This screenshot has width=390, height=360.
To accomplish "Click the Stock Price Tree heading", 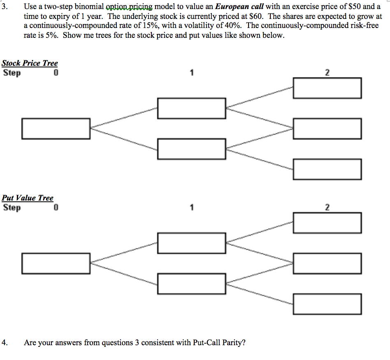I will (30, 63).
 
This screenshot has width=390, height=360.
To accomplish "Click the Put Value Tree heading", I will (28, 198).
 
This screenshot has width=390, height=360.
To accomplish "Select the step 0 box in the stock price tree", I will (56, 128).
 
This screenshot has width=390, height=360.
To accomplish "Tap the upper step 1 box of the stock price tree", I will (192, 108).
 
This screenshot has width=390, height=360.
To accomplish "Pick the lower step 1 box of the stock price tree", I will (192, 149).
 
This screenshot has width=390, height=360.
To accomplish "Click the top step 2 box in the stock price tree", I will (327, 88).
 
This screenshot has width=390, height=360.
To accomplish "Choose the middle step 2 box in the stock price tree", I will (327, 128).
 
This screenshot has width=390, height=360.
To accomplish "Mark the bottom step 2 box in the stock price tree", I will (327, 169).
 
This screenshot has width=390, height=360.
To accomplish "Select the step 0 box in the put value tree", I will (56, 263).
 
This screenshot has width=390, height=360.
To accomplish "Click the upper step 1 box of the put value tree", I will (192, 243).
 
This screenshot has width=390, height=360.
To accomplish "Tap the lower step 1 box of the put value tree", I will (192, 284).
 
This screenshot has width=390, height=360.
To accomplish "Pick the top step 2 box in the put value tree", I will (327, 223).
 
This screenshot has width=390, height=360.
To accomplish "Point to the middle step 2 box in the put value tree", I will (327, 263).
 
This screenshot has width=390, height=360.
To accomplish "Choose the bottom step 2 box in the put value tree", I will (327, 304).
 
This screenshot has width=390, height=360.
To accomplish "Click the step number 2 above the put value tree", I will (327, 208).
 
